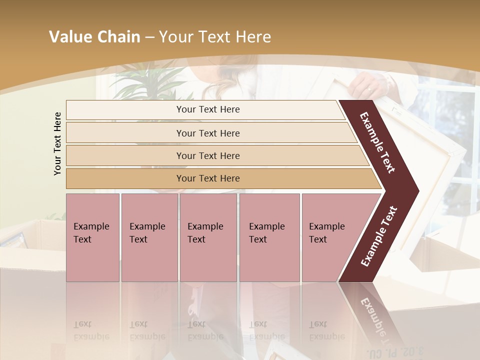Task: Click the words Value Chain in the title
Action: (94, 37)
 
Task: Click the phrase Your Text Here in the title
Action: (215, 37)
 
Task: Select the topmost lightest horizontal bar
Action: (205, 109)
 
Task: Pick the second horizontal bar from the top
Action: (208, 133)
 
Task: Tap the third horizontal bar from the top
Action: (208, 155)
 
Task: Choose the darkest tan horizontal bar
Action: (208, 178)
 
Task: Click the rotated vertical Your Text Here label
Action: (57, 143)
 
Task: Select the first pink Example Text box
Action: (92, 237)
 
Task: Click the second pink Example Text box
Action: (149, 237)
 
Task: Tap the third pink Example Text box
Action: (208, 237)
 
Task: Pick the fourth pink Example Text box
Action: (269, 237)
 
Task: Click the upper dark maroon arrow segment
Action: (378, 142)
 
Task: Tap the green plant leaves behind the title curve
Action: (145, 82)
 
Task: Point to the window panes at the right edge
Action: (452, 120)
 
